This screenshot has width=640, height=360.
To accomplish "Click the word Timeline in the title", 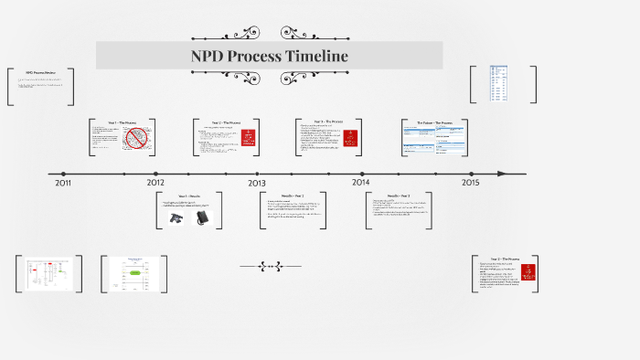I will click(x=315, y=56).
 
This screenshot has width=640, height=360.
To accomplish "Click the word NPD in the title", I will click(x=207, y=56).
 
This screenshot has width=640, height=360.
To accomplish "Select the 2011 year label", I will click(x=63, y=183).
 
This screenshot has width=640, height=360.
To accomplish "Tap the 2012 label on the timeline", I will click(x=156, y=183).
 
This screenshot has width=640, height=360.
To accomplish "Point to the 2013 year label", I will click(x=258, y=183).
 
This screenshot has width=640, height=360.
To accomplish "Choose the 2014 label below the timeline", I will click(x=361, y=183).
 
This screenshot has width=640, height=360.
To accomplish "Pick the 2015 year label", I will click(x=470, y=183).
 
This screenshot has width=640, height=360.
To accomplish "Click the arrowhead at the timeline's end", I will click(x=502, y=174).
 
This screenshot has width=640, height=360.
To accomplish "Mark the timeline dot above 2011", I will click(x=63, y=174).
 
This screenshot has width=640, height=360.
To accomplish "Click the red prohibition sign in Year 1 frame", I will click(x=136, y=139).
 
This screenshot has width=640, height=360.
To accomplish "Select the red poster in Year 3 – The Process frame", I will click(x=349, y=139).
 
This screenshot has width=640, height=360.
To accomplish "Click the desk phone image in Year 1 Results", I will click(x=176, y=217).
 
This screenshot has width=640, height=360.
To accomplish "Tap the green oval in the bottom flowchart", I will click(x=134, y=272).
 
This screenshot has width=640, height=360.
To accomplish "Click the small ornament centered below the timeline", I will click(x=270, y=267).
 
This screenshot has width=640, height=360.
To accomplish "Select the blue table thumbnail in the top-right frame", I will click(x=498, y=84).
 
